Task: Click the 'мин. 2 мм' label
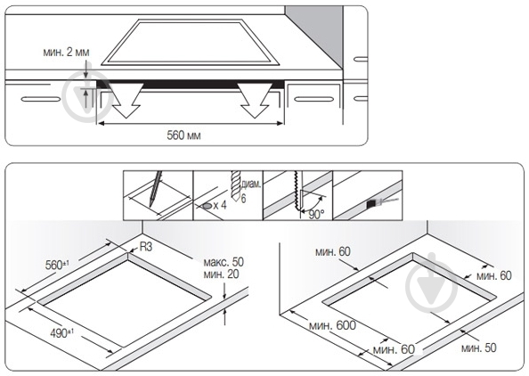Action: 66,53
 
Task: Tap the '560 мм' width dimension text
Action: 183,135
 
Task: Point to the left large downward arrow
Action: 126,100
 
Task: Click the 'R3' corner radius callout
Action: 146,247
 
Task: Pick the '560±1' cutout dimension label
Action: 57,265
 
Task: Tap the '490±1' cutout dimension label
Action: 62,333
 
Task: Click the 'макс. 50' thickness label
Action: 224,262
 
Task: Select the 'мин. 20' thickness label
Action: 222,274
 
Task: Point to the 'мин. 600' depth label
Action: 332,325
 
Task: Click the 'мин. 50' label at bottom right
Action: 479,348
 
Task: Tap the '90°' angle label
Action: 316,215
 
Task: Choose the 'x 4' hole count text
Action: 220,205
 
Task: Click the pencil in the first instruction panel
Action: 155,189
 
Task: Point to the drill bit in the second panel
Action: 236,185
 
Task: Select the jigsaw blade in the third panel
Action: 297,192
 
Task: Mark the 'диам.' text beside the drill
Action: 251,184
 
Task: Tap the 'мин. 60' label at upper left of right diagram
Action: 333,252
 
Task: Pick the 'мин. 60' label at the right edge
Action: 494,275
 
